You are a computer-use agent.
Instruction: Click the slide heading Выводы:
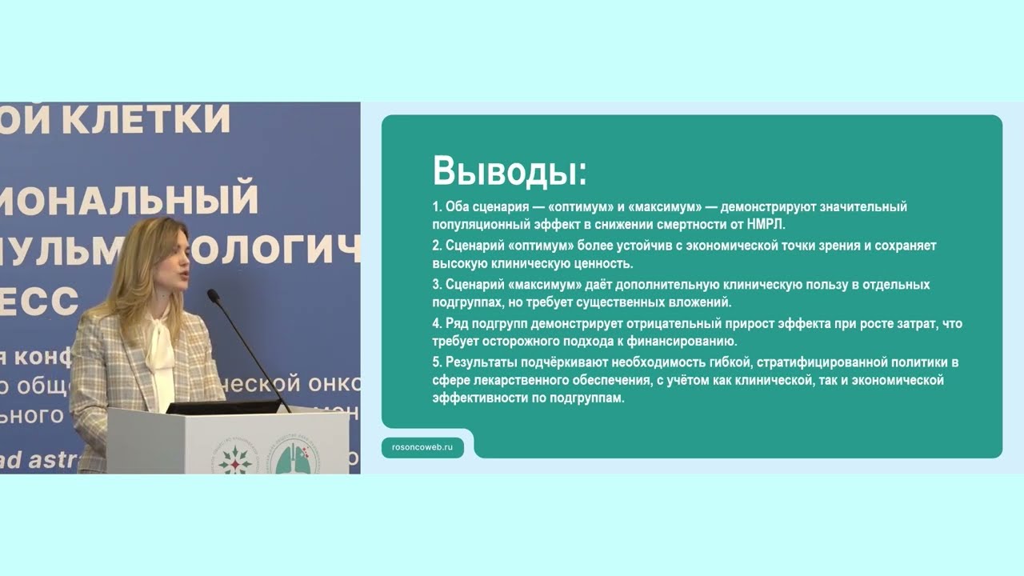pyautogui.click(x=510, y=171)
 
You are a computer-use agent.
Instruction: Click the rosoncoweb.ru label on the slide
pyautogui.click(x=422, y=448)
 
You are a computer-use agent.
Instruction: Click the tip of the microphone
pyautogui.click(x=213, y=294)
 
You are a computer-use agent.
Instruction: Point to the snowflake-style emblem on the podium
pyautogui.click(x=234, y=458)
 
